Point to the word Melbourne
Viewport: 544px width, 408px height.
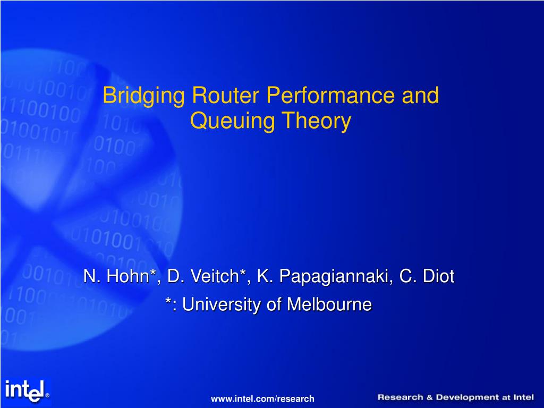[330, 305]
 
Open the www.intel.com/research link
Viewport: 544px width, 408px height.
[262, 398]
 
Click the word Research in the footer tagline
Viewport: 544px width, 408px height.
[400, 397]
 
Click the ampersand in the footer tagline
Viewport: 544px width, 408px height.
[429, 397]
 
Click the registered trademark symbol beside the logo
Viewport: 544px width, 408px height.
[47, 395]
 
